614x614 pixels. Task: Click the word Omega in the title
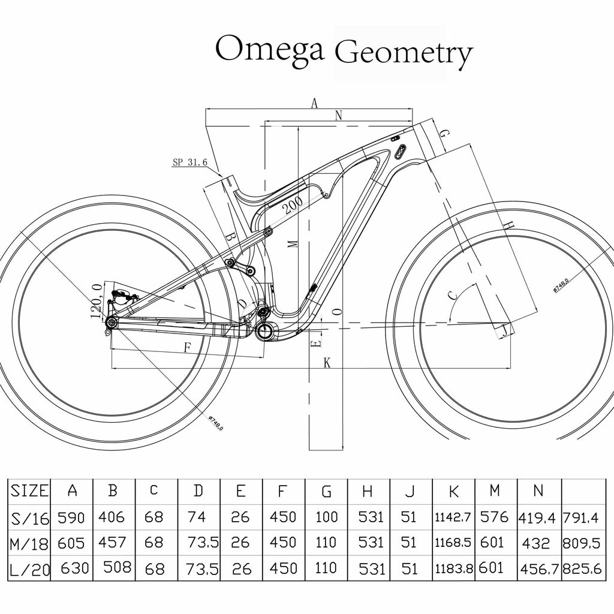tap(269, 49)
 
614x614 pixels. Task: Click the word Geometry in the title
tap(403, 53)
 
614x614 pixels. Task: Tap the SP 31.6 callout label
tap(189, 162)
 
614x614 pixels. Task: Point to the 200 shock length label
tap(293, 207)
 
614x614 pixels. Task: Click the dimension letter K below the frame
tap(327, 362)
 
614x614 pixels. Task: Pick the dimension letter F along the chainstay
tap(187, 347)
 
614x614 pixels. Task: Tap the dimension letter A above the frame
tap(314, 103)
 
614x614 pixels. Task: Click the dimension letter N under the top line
tap(338, 116)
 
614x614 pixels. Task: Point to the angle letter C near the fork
tap(454, 294)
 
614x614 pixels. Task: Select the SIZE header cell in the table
tap(29, 490)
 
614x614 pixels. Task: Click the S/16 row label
tap(29, 517)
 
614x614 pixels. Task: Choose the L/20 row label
tap(29, 568)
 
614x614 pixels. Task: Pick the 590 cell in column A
tap(71, 517)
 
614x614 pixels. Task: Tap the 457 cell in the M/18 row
tap(112, 543)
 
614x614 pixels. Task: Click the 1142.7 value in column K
tap(453, 517)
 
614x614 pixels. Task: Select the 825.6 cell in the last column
tap(582, 568)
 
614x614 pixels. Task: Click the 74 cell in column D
tap(197, 517)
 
